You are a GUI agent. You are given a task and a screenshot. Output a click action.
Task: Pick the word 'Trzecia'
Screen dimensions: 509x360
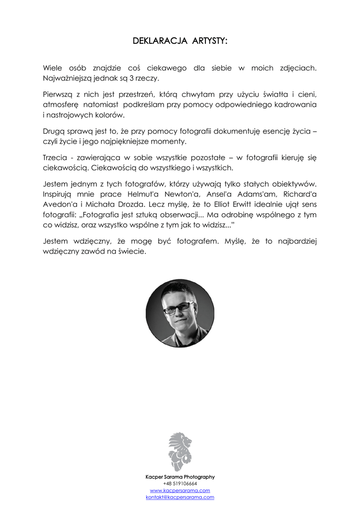[x=55, y=158]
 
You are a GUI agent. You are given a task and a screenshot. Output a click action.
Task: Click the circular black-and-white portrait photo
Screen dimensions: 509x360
[x=180, y=313]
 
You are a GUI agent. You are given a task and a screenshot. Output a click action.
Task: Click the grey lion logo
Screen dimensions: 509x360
[x=180, y=452]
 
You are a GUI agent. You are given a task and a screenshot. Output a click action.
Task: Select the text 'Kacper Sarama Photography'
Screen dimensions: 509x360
[x=180, y=477]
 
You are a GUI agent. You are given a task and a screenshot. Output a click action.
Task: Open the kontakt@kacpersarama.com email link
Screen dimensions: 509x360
[x=180, y=497]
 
